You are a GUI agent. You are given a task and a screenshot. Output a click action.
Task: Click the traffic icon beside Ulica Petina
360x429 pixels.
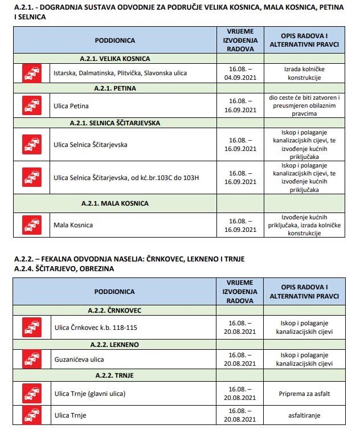31,105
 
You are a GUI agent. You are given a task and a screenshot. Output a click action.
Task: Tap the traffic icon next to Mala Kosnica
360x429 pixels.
31,225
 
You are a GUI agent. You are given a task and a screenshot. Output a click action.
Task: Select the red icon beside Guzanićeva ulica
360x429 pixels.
31,359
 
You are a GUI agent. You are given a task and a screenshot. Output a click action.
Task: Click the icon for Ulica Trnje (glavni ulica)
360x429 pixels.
31,394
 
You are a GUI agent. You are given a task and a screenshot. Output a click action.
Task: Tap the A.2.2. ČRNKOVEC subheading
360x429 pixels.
114,310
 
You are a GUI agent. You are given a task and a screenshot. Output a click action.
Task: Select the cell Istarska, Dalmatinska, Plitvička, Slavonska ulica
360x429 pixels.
120,73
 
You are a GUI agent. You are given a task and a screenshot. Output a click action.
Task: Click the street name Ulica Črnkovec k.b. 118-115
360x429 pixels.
95,328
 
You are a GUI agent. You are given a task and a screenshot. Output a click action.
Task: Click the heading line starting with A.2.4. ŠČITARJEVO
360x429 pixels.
64,268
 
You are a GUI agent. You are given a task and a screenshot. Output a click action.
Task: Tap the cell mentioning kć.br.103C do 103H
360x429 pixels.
126,177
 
